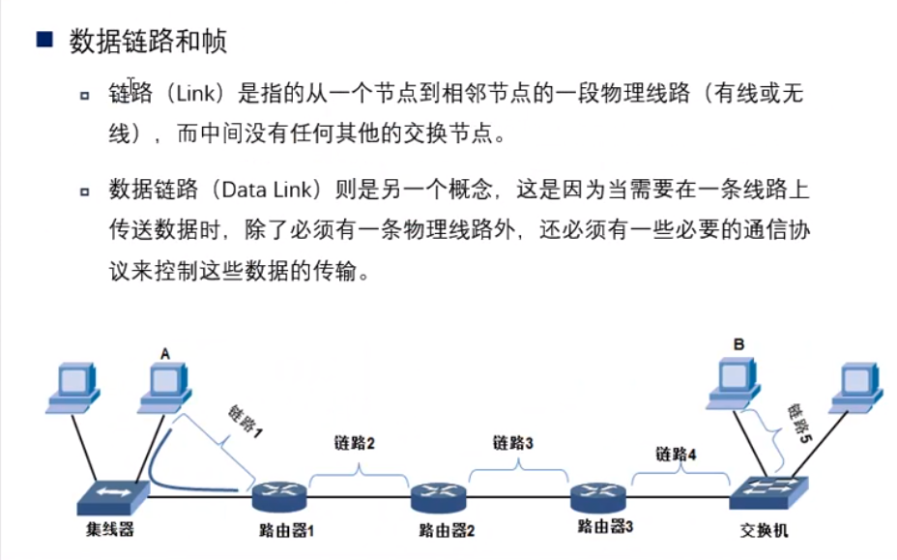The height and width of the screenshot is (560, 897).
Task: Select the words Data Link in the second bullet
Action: (x=276, y=191)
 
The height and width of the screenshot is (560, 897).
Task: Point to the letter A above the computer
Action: (x=164, y=354)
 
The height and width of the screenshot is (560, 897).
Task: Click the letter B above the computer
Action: (x=738, y=343)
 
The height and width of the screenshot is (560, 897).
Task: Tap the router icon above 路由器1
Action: (x=279, y=498)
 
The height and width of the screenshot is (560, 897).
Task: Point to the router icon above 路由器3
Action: (x=598, y=498)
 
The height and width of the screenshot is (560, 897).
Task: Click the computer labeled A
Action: (x=164, y=387)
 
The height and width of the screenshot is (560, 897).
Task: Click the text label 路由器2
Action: (x=447, y=530)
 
